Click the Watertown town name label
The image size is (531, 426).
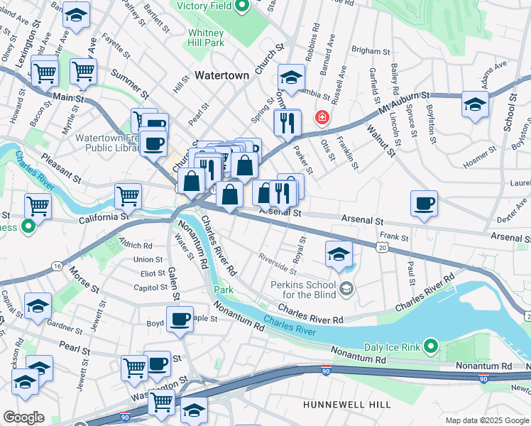point(221,75)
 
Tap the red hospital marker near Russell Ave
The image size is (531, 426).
point(323,116)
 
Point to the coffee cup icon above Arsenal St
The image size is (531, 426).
point(424,204)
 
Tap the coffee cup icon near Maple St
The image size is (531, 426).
point(180,319)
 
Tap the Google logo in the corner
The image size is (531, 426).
point(23,417)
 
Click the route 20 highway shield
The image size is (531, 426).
point(383,246)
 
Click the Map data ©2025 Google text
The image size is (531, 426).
point(486,420)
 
